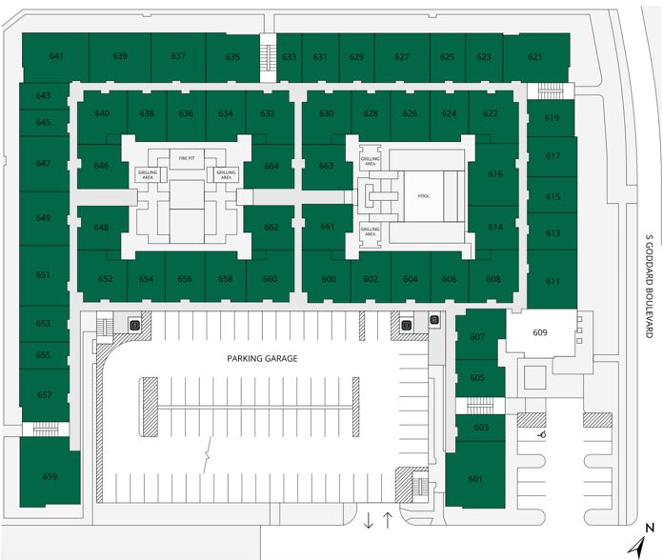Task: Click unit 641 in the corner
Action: click(x=56, y=56)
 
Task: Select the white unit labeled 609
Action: click(x=540, y=333)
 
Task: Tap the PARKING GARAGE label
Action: click(x=262, y=359)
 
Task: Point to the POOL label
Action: click(x=424, y=196)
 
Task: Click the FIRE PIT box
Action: click(x=187, y=158)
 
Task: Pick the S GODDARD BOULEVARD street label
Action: click(x=650, y=286)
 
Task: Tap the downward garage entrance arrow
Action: click(x=369, y=520)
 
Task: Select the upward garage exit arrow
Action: click(x=388, y=520)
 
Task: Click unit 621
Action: click(x=535, y=57)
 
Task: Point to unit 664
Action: click(x=271, y=166)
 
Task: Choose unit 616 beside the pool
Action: click(x=495, y=174)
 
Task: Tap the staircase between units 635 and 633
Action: click(x=268, y=58)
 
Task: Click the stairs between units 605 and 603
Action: click(x=480, y=406)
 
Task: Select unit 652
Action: click(x=105, y=277)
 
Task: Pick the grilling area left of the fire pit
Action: click(x=148, y=174)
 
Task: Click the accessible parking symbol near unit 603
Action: click(x=541, y=434)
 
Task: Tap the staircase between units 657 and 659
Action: click(x=45, y=429)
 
